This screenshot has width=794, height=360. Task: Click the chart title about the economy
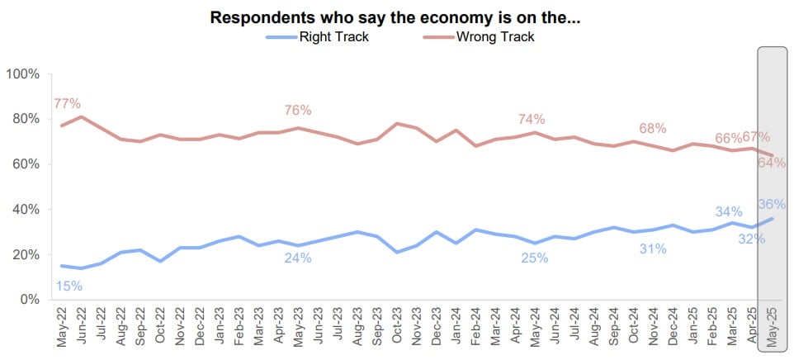pyautogui.click(x=395, y=17)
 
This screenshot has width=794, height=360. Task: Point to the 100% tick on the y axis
pyautogui.click(x=23, y=74)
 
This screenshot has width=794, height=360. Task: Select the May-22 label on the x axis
pyautogui.click(x=63, y=326)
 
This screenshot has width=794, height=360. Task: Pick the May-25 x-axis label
pyautogui.click(x=773, y=326)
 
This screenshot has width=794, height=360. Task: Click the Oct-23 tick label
pyautogui.click(x=398, y=326)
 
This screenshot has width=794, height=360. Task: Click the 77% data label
pyautogui.click(x=67, y=104)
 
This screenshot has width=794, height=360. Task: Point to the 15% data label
pyautogui.click(x=68, y=287)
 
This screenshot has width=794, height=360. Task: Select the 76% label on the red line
pyautogui.click(x=298, y=111)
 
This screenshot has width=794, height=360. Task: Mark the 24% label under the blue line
pyautogui.click(x=298, y=258)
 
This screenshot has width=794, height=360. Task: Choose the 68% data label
pyautogui.click(x=653, y=129)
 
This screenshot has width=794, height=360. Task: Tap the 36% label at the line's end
pyautogui.click(x=773, y=204)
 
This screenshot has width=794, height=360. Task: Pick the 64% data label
pyautogui.click(x=773, y=163)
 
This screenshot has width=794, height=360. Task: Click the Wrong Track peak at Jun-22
pyautogui.click(x=82, y=116)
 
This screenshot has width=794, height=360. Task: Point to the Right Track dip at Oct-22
pyautogui.click(x=161, y=261)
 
